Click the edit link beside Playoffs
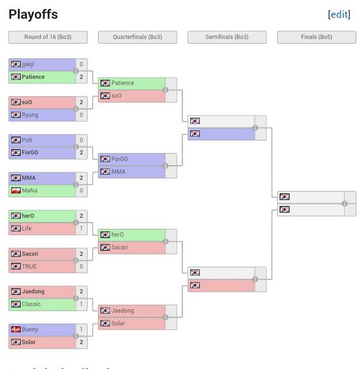coord(339,14)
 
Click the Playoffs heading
coord(33,14)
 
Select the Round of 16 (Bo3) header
coord(48,37)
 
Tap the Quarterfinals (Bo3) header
coord(137,37)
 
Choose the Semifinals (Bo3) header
coord(227,37)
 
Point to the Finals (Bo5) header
coord(316,37)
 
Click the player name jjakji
coord(28,64)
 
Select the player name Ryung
coord(30,115)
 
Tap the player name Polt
coord(27,140)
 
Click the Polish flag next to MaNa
coord(16,191)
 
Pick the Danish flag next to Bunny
coord(16,329)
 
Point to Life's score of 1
coord(81,229)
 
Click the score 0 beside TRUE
coord(81,266)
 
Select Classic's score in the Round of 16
coord(81,304)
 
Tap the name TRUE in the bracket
coord(29,266)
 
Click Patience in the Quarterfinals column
coord(122,83)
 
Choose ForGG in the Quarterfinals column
coord(119,159)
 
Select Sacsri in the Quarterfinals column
coord(120,247)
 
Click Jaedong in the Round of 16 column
coord(33,292)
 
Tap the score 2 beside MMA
coord(81,178)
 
